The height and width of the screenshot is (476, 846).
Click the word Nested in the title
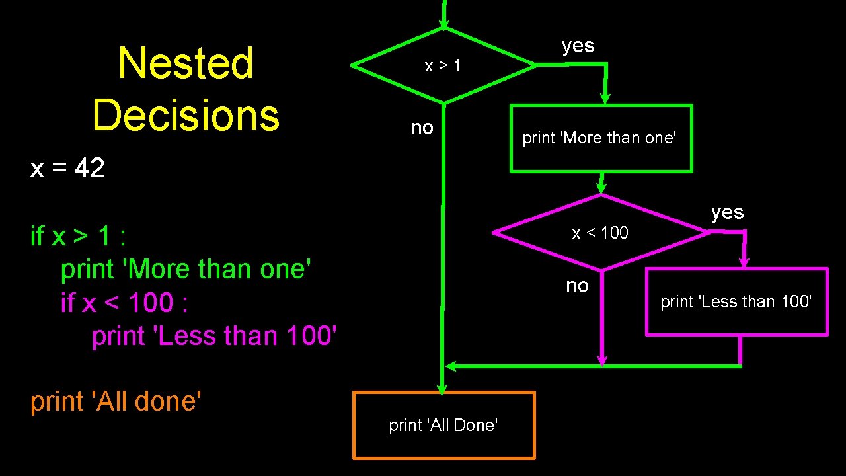click(x=185, y=63)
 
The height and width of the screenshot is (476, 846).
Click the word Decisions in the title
click(x=186, y=114)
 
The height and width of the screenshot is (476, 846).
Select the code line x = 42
click(x=67, y=169)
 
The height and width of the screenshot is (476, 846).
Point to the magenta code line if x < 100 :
click(x=124, y=303)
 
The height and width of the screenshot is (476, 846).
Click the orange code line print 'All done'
click(x=116, y=401)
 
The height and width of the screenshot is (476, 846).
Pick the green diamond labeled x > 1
click(x=443, y=65)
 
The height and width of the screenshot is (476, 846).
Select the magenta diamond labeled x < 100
click(x=600, y=233)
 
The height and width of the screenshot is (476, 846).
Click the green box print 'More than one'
click(x=600, y=138)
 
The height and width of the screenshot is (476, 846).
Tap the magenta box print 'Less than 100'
click(x=736, y=301)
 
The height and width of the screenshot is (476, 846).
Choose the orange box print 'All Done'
click(x=443, y=425)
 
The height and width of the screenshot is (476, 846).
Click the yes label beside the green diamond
click(x=578, y=46)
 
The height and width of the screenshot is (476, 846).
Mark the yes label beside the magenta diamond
click(x=728, y=212)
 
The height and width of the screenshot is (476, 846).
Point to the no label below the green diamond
click(x=422, y=127)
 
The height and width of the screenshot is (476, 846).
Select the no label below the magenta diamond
click(x=577, y=286)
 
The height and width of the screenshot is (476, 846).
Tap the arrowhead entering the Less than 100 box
click(x=744, y=262)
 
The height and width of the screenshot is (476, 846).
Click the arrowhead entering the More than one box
click(x=604, y=99)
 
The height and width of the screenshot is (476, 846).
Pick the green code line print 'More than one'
click(x=186, y=269)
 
